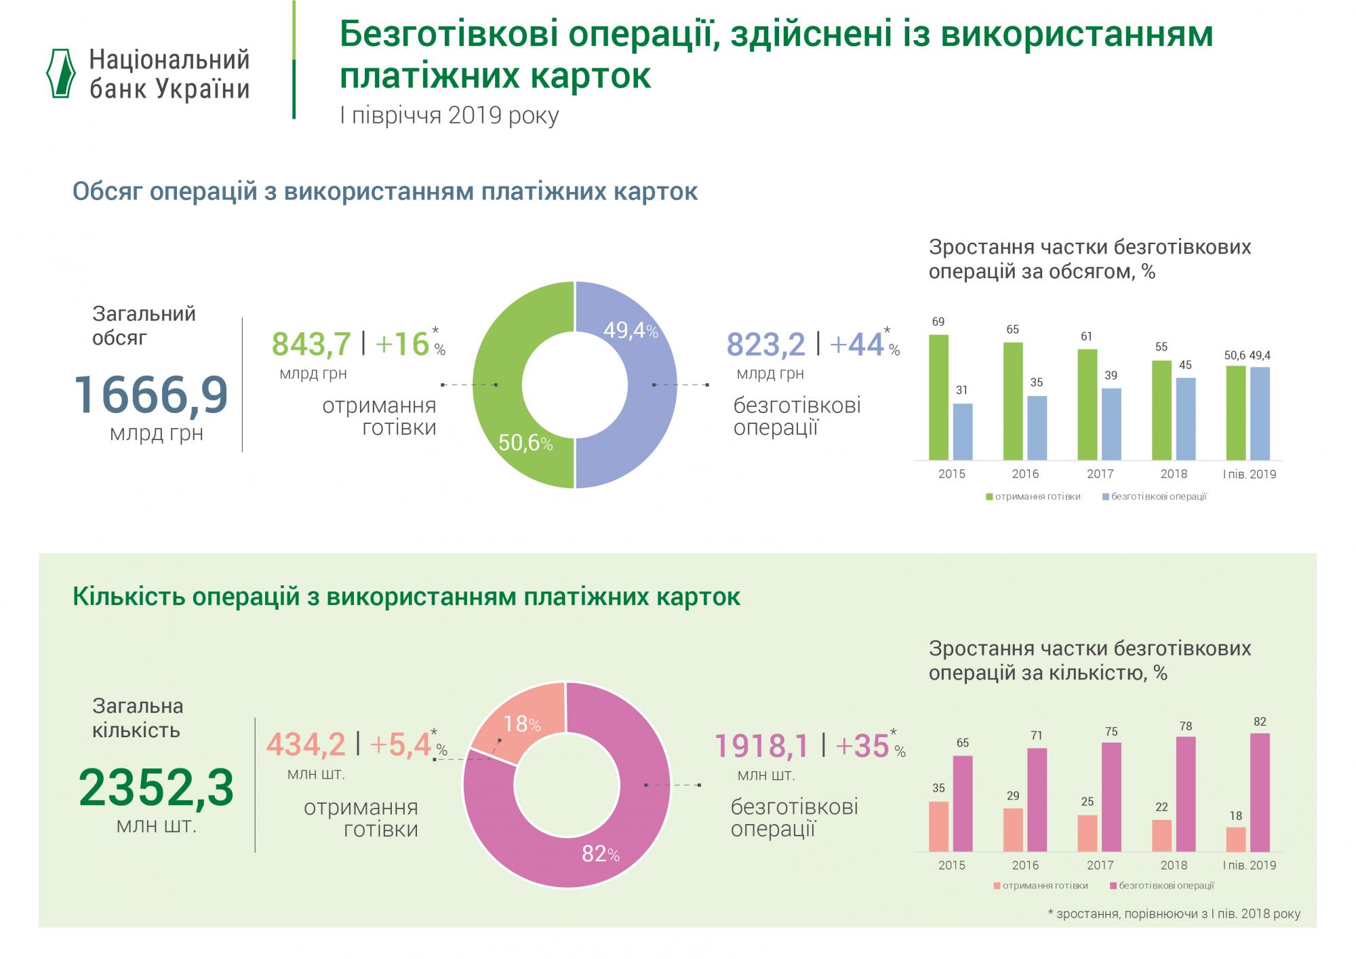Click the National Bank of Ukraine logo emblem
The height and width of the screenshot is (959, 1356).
(60, 73)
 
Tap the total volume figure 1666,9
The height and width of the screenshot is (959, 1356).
(151, 395)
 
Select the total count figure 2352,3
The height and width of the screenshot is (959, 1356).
(156, 788)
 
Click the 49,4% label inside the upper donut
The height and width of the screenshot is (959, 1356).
(631, 330)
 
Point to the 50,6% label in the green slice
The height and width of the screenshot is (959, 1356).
(525, 444)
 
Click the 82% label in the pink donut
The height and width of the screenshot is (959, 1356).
(601, 854)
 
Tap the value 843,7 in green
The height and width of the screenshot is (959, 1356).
(311, 344)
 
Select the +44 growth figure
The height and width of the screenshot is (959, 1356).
(856, 345)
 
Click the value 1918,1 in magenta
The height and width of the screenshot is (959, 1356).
(762, 746)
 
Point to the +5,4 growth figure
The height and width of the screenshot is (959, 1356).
(401, 745)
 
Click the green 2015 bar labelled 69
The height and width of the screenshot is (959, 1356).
(938, 397)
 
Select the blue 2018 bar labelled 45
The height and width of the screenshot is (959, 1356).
(1185, 418)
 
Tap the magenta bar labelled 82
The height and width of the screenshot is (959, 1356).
(1260, 792)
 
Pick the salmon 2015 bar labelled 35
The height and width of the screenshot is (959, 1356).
(938, 826)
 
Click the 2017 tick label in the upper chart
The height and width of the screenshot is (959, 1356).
(1100, 474)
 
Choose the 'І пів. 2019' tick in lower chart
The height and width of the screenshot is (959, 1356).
(1249, 865)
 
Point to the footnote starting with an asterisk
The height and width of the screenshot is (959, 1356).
(1174, 914)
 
